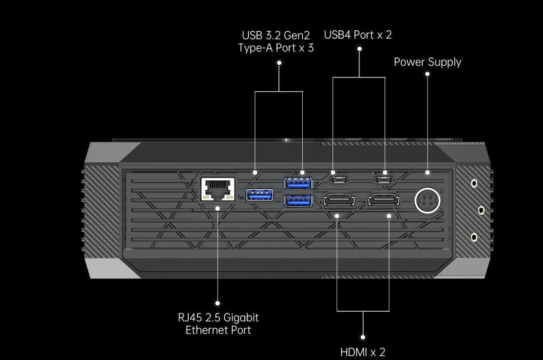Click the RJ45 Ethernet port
click(218, 189)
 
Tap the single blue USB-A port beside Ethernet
click(259, 195)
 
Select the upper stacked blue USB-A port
click(298, 183)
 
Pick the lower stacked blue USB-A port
click(298, 200)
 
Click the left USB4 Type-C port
click(339, 180)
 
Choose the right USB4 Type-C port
click(384, 180)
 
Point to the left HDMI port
click(339, 200)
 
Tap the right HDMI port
click(384, 200)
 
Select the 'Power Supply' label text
click(427, 62)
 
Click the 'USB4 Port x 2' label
click(358, 34)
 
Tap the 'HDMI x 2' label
click(363, 352)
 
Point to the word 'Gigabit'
click(241, 318)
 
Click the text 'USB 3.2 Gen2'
click(276, 36)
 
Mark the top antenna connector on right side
click(474, 183)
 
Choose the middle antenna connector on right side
click(481, 210)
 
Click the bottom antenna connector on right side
click(474, 237)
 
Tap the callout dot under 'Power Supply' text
click(427, 74)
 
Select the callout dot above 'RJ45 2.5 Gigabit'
click(217, 303)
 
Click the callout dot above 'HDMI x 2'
click(363, 337)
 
